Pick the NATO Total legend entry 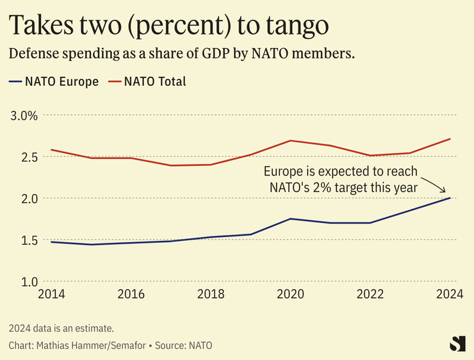pos(147,81)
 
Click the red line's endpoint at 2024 pos(450,139)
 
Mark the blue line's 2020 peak pos(291,219)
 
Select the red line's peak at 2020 pos(291,140)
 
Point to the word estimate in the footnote pos(95,329)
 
